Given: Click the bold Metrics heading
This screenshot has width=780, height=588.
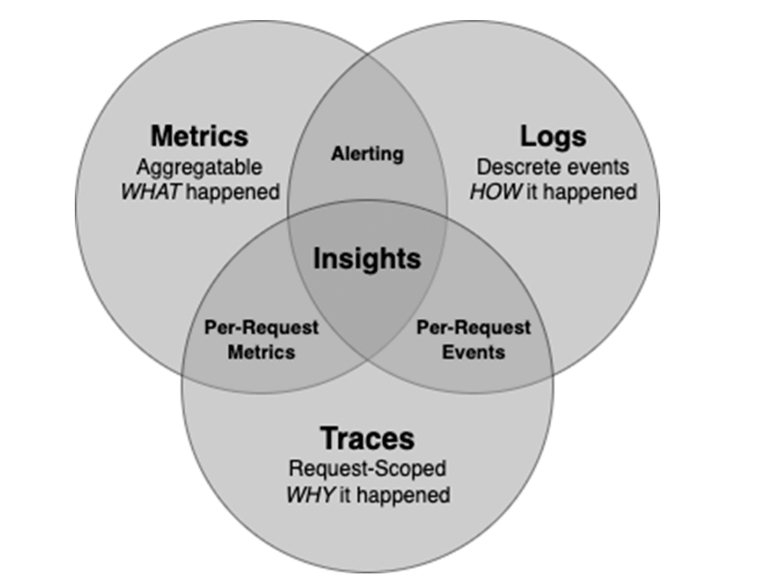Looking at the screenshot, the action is (x=199, y=136).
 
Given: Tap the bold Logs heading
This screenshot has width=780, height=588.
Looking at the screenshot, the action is (x=553, y=136).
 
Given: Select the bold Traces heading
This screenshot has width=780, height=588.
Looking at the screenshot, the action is (x=367, y=438).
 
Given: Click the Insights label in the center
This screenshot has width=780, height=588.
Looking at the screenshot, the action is (x=367, y=259).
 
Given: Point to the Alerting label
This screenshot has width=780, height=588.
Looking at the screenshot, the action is (x=367, y=154).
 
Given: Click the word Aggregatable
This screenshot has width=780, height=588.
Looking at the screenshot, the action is (x=200, y=168).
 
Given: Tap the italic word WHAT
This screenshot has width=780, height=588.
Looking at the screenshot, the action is (x=151, y=192).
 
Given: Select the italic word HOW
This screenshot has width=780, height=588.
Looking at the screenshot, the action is (x=496, y=192).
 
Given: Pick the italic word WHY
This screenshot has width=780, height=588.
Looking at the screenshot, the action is (x=310, y=495).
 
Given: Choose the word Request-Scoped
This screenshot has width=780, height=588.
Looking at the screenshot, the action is (x=367, y=469).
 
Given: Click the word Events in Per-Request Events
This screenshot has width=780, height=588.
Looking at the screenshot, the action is (x=473, y=352).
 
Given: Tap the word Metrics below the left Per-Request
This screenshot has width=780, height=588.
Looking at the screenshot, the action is (x=261, y=352).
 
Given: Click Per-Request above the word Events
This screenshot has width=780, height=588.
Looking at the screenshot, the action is (x=473, y=327).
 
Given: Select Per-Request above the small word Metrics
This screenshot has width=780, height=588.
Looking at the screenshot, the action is (x=261, y=327).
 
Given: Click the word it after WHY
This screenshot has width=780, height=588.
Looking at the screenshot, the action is (x=345, y=495).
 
